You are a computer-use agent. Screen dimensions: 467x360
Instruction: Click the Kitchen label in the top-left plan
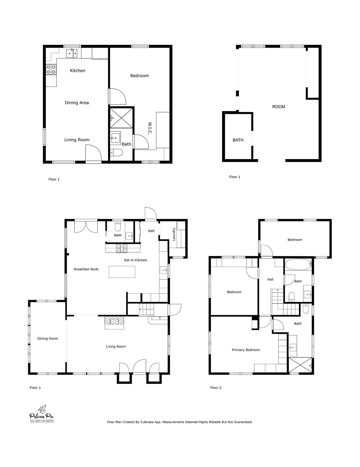tap(78, 71)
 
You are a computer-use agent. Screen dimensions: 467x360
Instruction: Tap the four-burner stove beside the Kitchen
tap(51, 70)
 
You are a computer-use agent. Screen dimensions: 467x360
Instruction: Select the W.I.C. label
tap(150, 128)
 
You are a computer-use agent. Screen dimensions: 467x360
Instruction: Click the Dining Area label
tap(77, 103)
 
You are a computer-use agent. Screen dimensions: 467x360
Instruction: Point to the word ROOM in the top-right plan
tap(278, 107)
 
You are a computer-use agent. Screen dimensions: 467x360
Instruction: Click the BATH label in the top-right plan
tap(238, 140)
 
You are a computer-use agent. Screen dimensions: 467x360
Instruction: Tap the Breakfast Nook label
tap(86, 269)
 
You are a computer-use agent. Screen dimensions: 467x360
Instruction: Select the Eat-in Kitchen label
tap(135, 260)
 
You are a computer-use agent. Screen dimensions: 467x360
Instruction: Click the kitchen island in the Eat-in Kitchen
tap(122, 272)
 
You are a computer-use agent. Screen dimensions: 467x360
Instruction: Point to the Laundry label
tap(174, 234)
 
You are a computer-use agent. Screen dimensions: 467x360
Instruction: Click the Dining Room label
tap(48, 338)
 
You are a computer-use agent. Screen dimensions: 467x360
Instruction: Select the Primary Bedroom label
tap(246, 350)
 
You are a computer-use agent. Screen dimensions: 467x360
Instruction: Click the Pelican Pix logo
tap(42, 414)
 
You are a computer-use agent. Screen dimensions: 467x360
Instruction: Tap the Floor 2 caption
tap(216, 388)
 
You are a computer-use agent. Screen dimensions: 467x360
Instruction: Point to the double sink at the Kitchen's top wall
tap(72, 54)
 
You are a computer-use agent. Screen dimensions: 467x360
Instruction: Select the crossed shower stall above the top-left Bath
tap(121, 117)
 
